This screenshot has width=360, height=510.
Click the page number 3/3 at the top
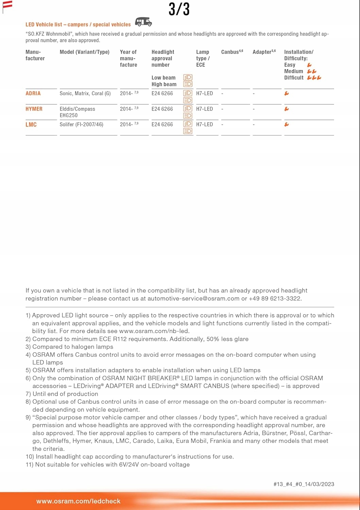(179, 9)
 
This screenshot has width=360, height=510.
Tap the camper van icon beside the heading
(143, 22)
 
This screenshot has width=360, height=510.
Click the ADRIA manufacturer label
(33, 93)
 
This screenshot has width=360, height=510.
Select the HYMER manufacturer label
(34, 109)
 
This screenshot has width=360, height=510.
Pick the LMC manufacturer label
(31, 125)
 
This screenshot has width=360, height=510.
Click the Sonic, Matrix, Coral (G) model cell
(85, 93)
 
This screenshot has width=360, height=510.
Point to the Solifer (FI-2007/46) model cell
(81, 125)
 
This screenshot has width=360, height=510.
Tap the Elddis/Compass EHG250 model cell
(77, 112)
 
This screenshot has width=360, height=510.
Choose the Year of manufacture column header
(128, 58)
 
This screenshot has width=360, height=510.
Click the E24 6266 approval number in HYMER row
(162, 109)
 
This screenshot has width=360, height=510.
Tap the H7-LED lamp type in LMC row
(204, 125)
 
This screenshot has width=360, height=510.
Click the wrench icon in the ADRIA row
(287, 93)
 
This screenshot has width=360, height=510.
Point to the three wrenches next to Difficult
(314, 78)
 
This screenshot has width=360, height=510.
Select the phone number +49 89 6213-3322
(275, 299)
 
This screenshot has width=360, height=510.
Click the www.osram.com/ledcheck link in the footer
(78, 501)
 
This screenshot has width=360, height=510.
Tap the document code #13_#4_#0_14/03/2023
(304, 484)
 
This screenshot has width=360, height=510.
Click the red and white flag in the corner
(7, 4)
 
